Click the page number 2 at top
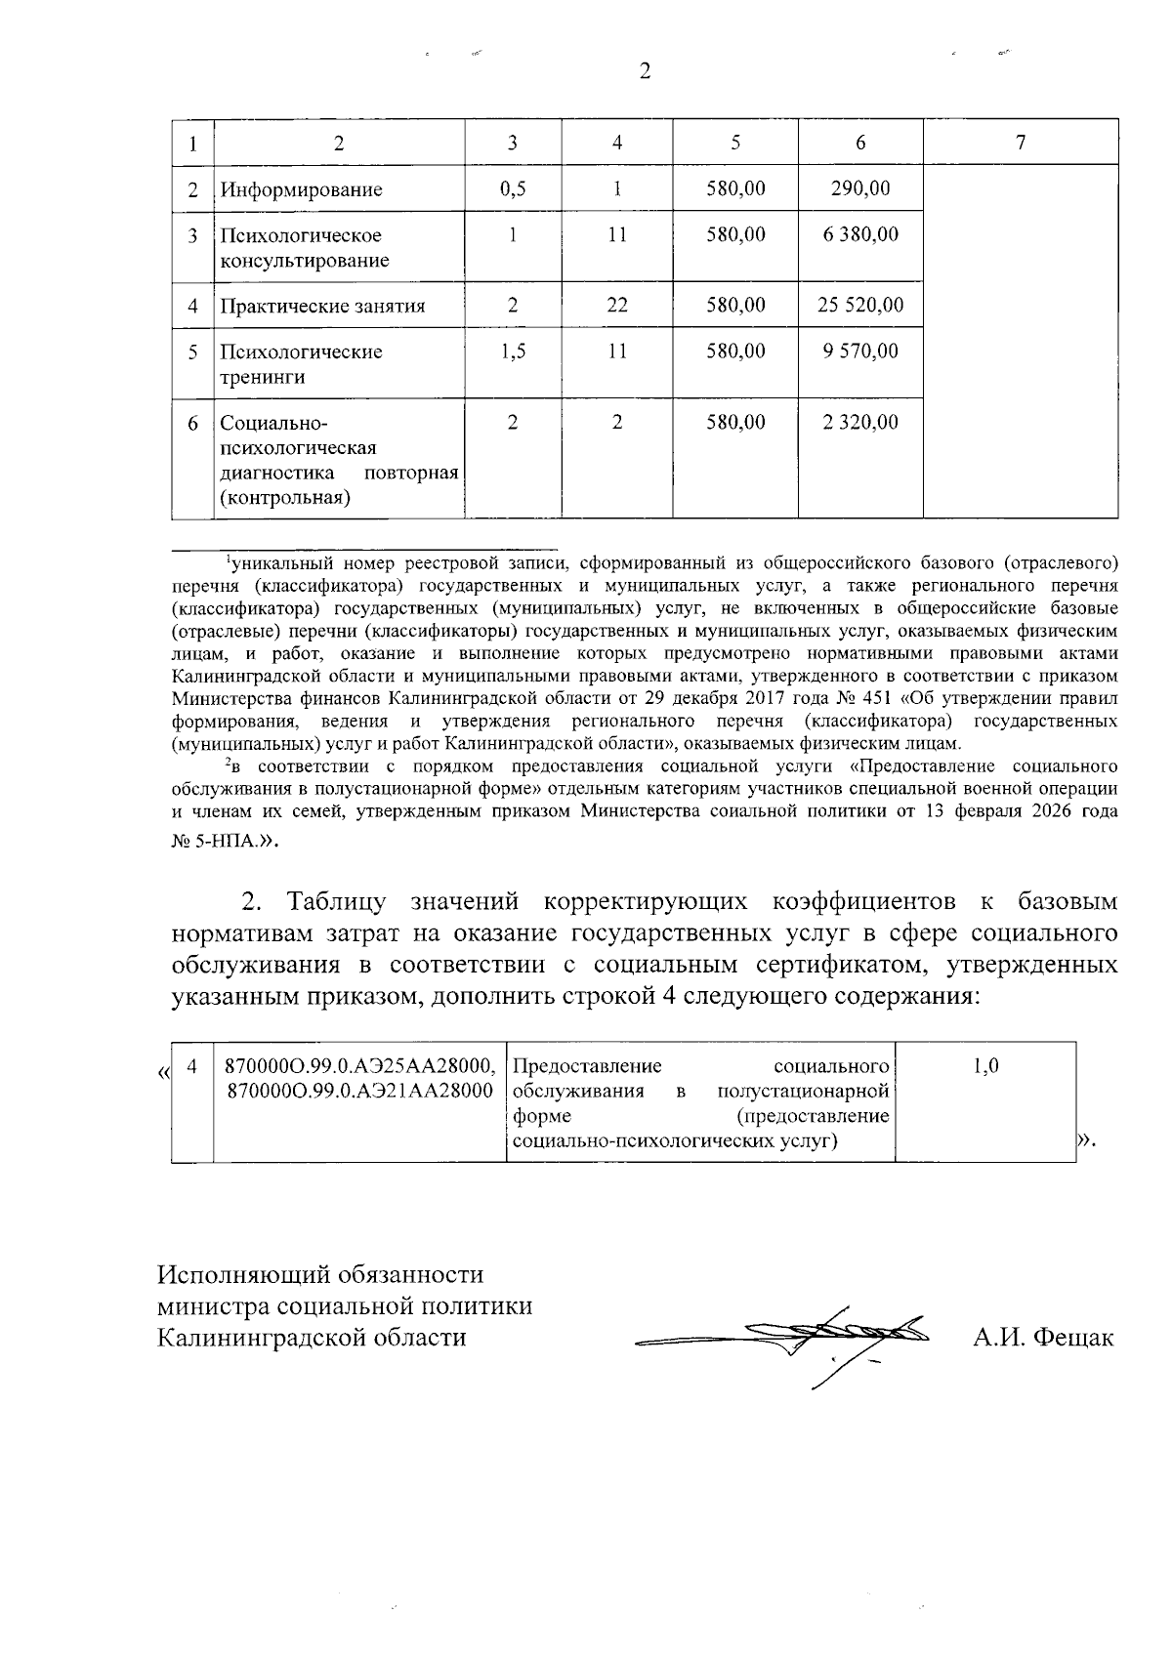pyautogui.click(x=644, y=71)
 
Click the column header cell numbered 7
pyautogui.click(x=1020, y=143)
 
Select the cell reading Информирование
pyautogui.click(x=301, y=189)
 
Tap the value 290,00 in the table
pyautogui.click(x=859, y=188)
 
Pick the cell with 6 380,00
pyautogui.click(x=859, y=234)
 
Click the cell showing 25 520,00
pyautogui.click(x=859, y=306)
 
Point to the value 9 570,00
pyautogui.click(x=859, y=352)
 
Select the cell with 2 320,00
pyautogui.click(x=859, y=423)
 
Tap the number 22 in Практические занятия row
pyautogui.click(x=616, y=306)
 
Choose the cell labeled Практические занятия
pyautogui.click(x=322, y=307)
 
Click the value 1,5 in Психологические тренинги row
pyautogui.click(x=512, y=352)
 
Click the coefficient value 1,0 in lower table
pyautogui.click(x=986, y=1066)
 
